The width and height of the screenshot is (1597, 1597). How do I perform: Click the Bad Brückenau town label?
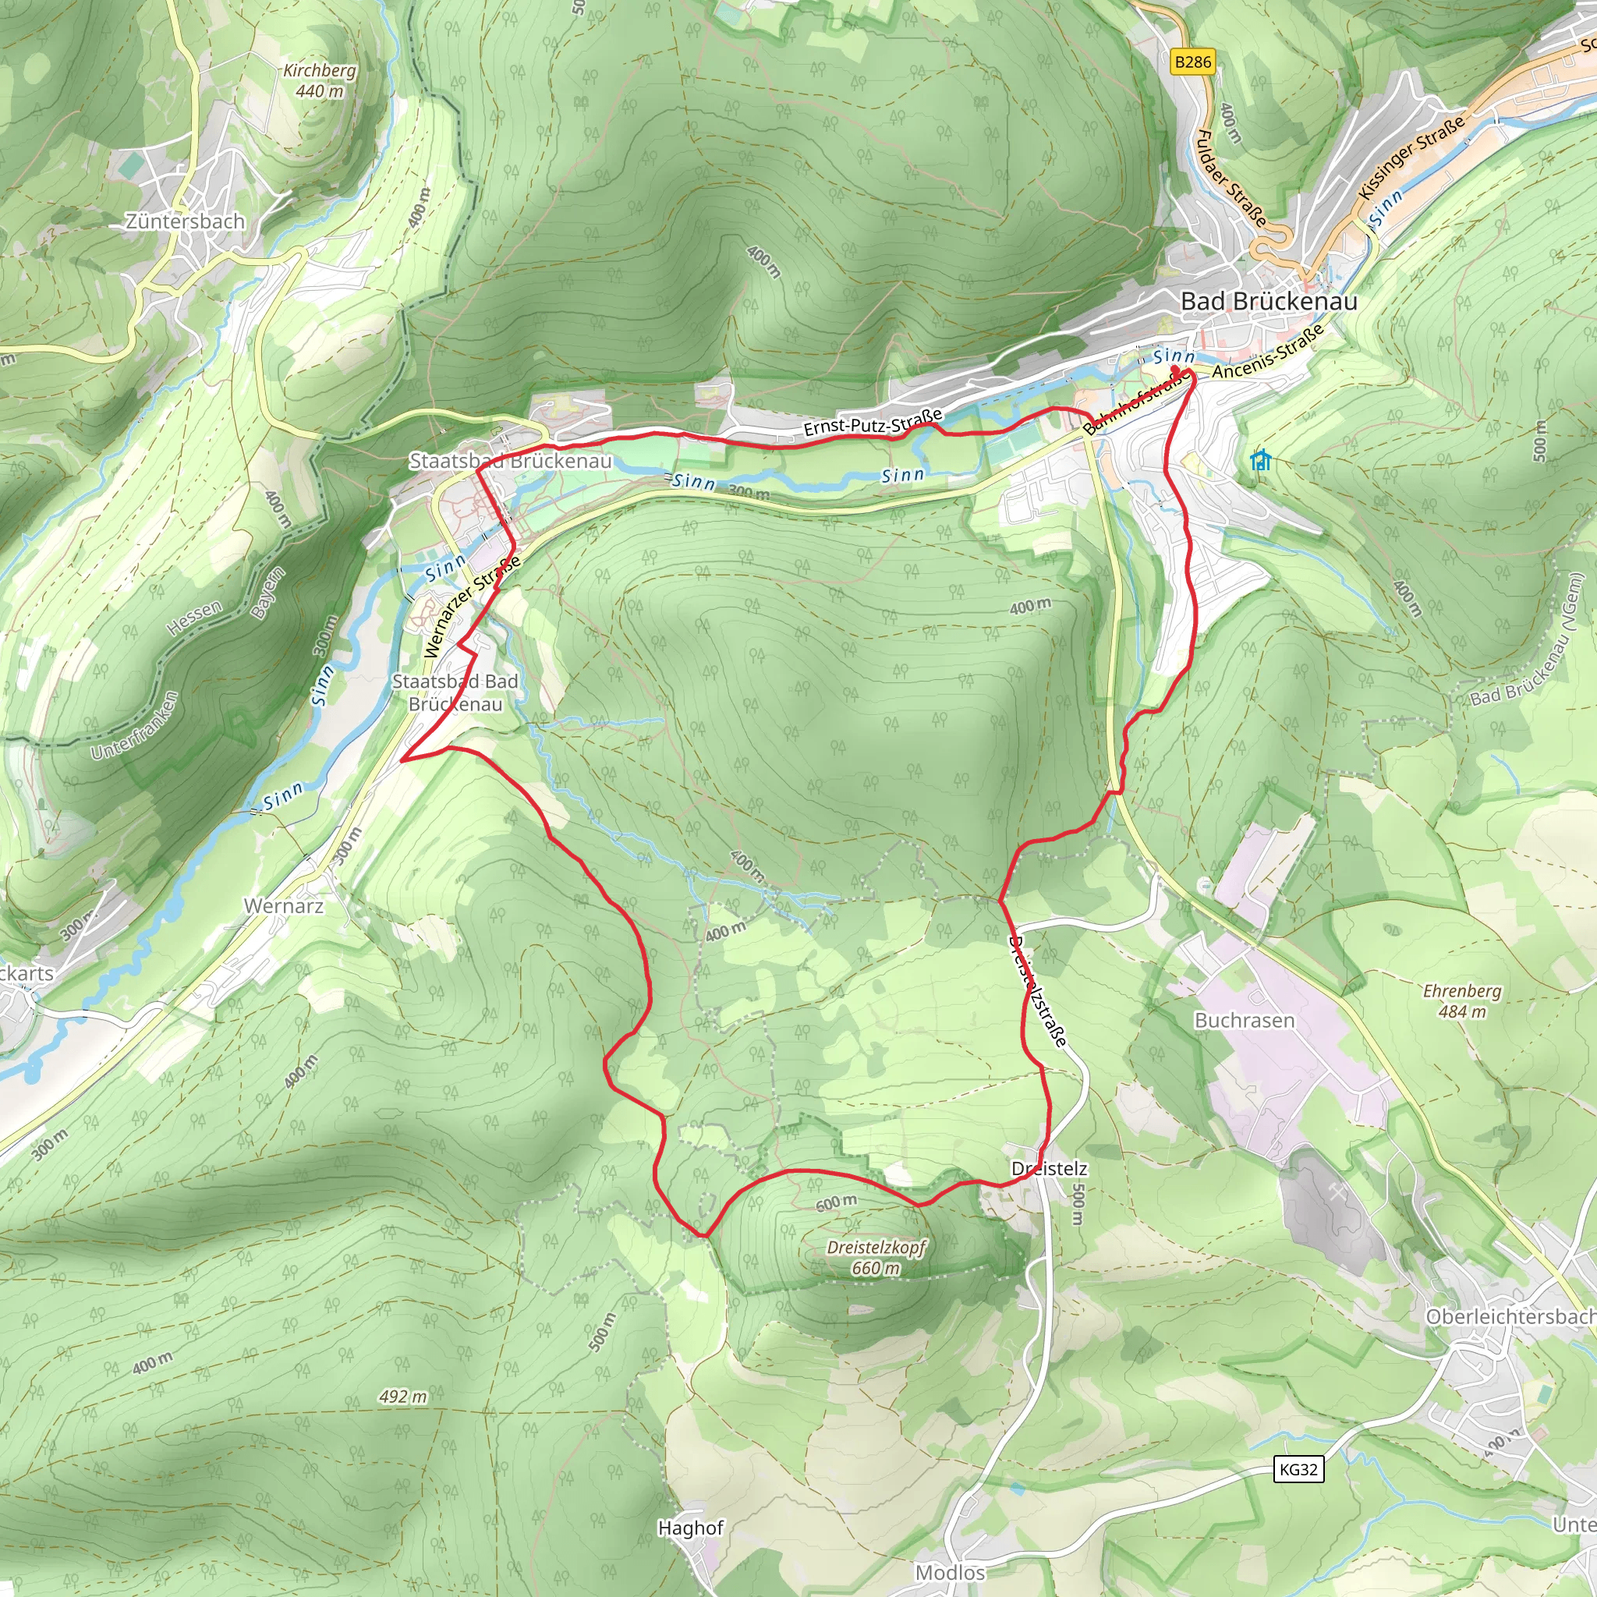click(x=1268, y=302)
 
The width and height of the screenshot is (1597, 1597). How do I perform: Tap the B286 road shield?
click(x=1193, y=62)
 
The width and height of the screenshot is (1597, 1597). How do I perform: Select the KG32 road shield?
click(x=1298, y=1469)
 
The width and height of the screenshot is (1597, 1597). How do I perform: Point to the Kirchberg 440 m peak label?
click(x=319, y=81)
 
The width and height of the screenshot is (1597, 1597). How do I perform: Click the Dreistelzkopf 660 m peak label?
click(x=876, y=1257)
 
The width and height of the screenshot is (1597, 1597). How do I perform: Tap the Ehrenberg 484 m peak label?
click(x=1461, y=1001)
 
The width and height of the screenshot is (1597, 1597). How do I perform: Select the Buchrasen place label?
click(x=1244, y=1020)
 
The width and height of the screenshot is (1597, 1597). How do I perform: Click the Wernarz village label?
click(x=284, y=906)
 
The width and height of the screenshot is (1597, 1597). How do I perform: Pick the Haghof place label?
click(x=690, y=1528)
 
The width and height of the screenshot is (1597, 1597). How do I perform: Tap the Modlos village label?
click(x=950, y=1572)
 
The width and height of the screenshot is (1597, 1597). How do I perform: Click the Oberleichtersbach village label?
click(x=1510, y=1316)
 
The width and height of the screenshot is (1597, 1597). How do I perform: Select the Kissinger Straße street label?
click(x=1411, y=157)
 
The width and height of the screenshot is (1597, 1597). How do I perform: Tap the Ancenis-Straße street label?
click(x=1267, y=352)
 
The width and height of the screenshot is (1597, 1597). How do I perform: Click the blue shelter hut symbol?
click(x=1260, y=459)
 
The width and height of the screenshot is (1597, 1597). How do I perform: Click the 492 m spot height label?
click(x=402, y=1396)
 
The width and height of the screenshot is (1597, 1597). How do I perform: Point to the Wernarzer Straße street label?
click(x=471, y=607)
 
